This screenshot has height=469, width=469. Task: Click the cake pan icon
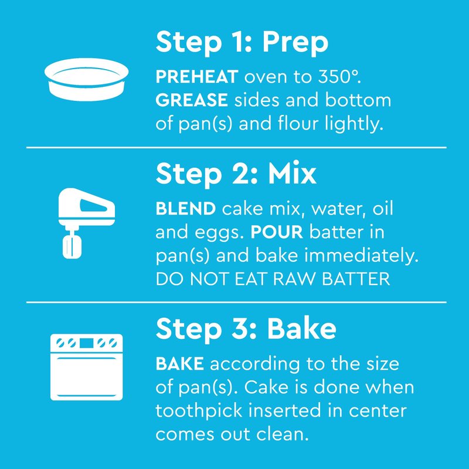[86, 79]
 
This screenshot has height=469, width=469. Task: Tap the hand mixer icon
[86, 223]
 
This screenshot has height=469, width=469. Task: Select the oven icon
[86, 367]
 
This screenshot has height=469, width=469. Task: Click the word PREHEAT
[197, 77]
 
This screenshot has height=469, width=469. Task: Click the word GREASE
[192, 100]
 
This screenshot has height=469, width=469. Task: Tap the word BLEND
[185, 209]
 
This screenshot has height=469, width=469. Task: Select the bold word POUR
[277, 232]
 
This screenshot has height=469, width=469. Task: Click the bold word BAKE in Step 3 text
[180, 363]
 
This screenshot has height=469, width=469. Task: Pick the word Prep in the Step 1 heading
[295, 42]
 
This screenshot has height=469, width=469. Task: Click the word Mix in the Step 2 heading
[292, 174]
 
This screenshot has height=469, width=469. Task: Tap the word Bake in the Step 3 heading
[301, 329]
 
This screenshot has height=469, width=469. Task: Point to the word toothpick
[199, 411]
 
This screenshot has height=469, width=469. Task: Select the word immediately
[361, 256]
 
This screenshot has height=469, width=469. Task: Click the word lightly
[354, 124]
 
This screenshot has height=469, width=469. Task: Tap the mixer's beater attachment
[72, 246]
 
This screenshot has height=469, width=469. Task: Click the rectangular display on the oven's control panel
[86, 343]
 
